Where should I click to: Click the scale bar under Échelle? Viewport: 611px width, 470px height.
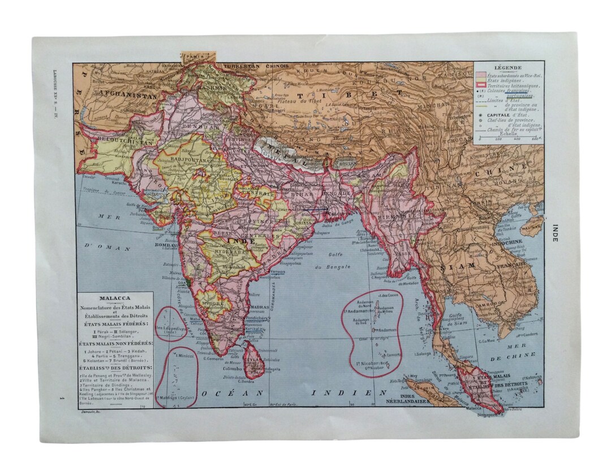[508, 137]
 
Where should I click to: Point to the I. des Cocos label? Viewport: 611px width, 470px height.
[385, 296]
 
